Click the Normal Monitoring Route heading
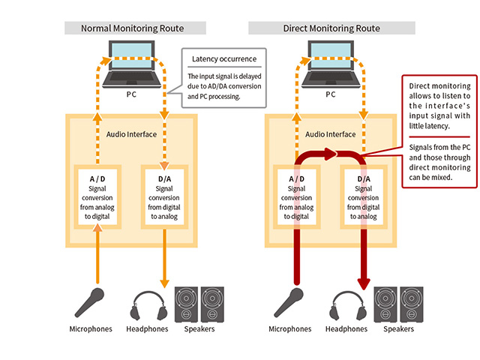tap(134, 28)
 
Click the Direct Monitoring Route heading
tap(331, 28)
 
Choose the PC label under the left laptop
tap(131, 95)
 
